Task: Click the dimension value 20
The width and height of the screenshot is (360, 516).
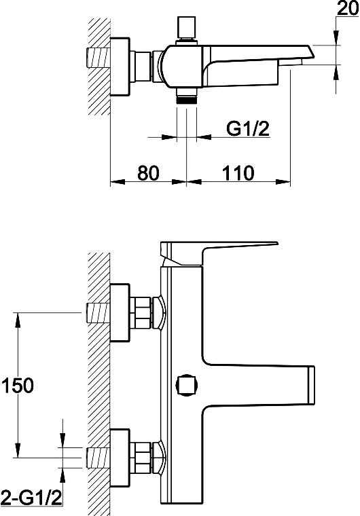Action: [348, 8]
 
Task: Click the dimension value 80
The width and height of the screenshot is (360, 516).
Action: [148, 172]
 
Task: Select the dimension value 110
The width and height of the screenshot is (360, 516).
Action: [238, 172]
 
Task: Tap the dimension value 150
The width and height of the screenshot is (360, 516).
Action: [18, 385]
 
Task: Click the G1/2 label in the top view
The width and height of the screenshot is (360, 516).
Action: [248, 128]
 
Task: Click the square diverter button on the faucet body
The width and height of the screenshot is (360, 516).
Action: [187, 385]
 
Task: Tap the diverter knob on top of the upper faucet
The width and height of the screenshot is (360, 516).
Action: [187, 28]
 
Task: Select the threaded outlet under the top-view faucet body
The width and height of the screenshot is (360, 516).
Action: [187, 96]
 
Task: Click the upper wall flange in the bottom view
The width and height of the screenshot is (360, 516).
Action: [120, 312]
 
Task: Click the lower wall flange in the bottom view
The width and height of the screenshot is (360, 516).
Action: [120, 458]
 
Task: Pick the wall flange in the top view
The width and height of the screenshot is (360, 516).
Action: [120, 67]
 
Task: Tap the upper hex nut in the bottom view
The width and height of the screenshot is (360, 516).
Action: [141, 312]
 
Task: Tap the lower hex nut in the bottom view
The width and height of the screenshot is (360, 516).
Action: [141, 458]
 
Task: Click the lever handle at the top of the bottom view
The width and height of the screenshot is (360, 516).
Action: [219, 254]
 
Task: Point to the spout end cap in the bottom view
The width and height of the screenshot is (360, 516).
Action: [311, 385]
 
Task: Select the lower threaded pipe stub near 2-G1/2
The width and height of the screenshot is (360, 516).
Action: [98, 458]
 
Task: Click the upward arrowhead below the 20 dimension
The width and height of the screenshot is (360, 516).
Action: [336, 72]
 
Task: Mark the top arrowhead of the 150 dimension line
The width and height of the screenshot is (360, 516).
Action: [18, 320]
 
